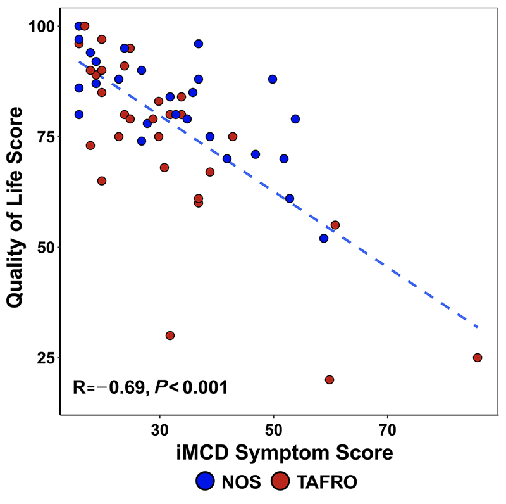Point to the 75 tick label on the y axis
[44, 137]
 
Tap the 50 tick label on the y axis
[44, 247]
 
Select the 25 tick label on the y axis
[44, 358]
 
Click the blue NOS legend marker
[207, 481]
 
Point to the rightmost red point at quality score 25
[478, 358]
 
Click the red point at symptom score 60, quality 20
[330, 380]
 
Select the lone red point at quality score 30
[170, 336]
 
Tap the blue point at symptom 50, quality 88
[273, 79]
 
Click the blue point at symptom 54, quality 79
[295, 119]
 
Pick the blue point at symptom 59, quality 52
[324, 238]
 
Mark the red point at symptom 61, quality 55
[335, 225]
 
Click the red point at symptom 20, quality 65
[102, 180]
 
